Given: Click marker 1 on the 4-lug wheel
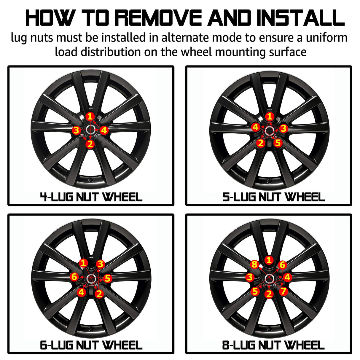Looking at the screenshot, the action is [x=90, y=117].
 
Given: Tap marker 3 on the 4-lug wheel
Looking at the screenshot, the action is [x=76, y=130].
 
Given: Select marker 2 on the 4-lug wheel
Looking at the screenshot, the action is [x=90, y=144].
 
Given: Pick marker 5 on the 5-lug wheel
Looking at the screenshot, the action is [x=278, y=143].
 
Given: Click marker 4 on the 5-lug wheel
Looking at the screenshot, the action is [x=256, y=127].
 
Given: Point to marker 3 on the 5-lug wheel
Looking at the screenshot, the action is [x=283, y=128].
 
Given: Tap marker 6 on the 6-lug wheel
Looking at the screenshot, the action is [x=74, y=277].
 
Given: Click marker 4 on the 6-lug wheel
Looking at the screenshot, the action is [x=82, y=292].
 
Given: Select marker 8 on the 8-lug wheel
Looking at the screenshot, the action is [x=255, y=264].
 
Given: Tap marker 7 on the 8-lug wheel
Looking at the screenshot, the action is [x=283, y=291].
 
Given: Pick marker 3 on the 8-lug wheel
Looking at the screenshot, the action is [x=250, y=277].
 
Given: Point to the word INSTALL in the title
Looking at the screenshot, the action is [x=301, y=18].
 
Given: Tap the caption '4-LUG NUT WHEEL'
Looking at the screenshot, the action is [x=91, y=197].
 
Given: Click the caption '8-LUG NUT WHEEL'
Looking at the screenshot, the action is [x=273, y=345].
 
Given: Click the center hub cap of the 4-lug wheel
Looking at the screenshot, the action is [x=90, y=130].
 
